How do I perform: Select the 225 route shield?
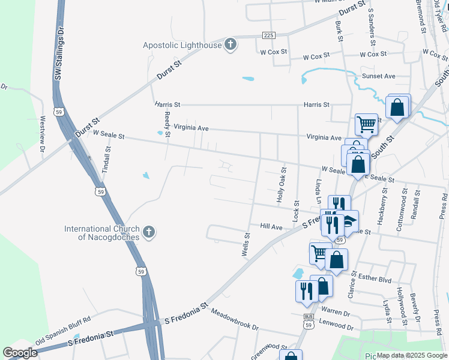pos(268,35)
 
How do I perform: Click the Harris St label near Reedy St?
pos(167,104)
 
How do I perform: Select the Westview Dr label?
pos(42,128)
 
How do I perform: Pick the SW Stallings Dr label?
pos(59,53)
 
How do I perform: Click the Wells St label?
pos(246,245)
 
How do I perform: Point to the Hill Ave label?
pos(271,227)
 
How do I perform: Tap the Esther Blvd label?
pos(375,280)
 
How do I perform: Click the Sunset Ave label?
pos(379,76)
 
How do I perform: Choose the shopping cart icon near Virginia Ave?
pos(366,124)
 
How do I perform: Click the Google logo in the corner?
pos(20,353)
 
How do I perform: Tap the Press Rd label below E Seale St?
pos(443,205)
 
